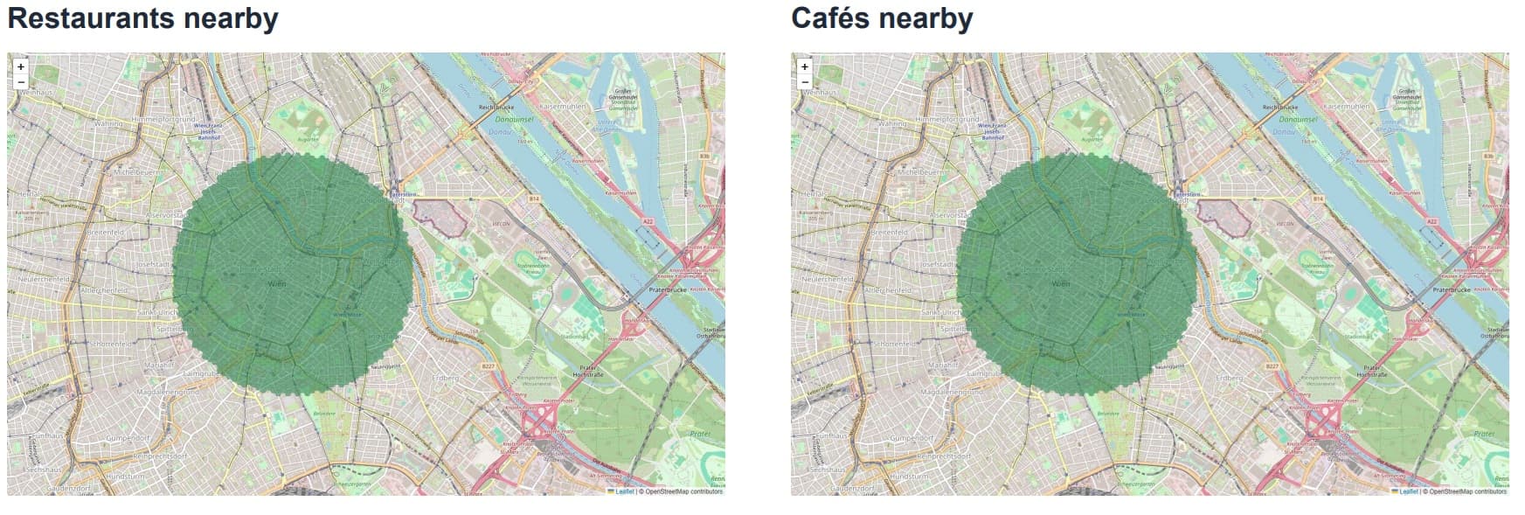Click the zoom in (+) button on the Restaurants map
click(21, 66)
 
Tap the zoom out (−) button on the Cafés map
click(805, 82)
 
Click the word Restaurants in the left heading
click(79, 18)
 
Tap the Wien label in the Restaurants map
click(276, 284)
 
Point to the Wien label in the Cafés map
click(1060, 284)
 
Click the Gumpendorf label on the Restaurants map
click(129, 437)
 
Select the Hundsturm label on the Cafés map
click(909, 477)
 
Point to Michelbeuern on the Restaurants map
click(133, 172)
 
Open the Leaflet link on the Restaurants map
click(625, 491)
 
